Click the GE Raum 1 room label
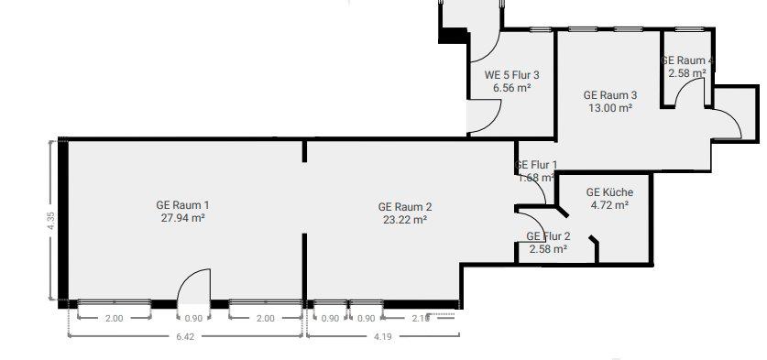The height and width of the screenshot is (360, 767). pos(183,204)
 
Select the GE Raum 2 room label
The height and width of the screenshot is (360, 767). pos(404,206)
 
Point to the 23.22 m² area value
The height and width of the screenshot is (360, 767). pos(404,220)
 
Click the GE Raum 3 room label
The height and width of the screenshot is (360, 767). pos(610,94)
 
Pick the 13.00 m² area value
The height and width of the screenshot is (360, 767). pos(610,107)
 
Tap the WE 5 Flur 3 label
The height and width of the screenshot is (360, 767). pos(512,75)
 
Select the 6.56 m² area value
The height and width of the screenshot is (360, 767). pos(512,88)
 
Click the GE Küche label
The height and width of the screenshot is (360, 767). pos(609,192)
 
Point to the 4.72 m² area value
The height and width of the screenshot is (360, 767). pos(609,205)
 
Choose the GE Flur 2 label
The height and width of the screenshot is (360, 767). pos(547,236)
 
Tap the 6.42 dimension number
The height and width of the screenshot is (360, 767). pos(186,336)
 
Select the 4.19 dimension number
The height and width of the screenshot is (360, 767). pos(382,336)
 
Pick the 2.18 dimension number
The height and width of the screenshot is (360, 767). pos(422,318)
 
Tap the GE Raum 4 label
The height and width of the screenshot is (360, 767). pos(687,60)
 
